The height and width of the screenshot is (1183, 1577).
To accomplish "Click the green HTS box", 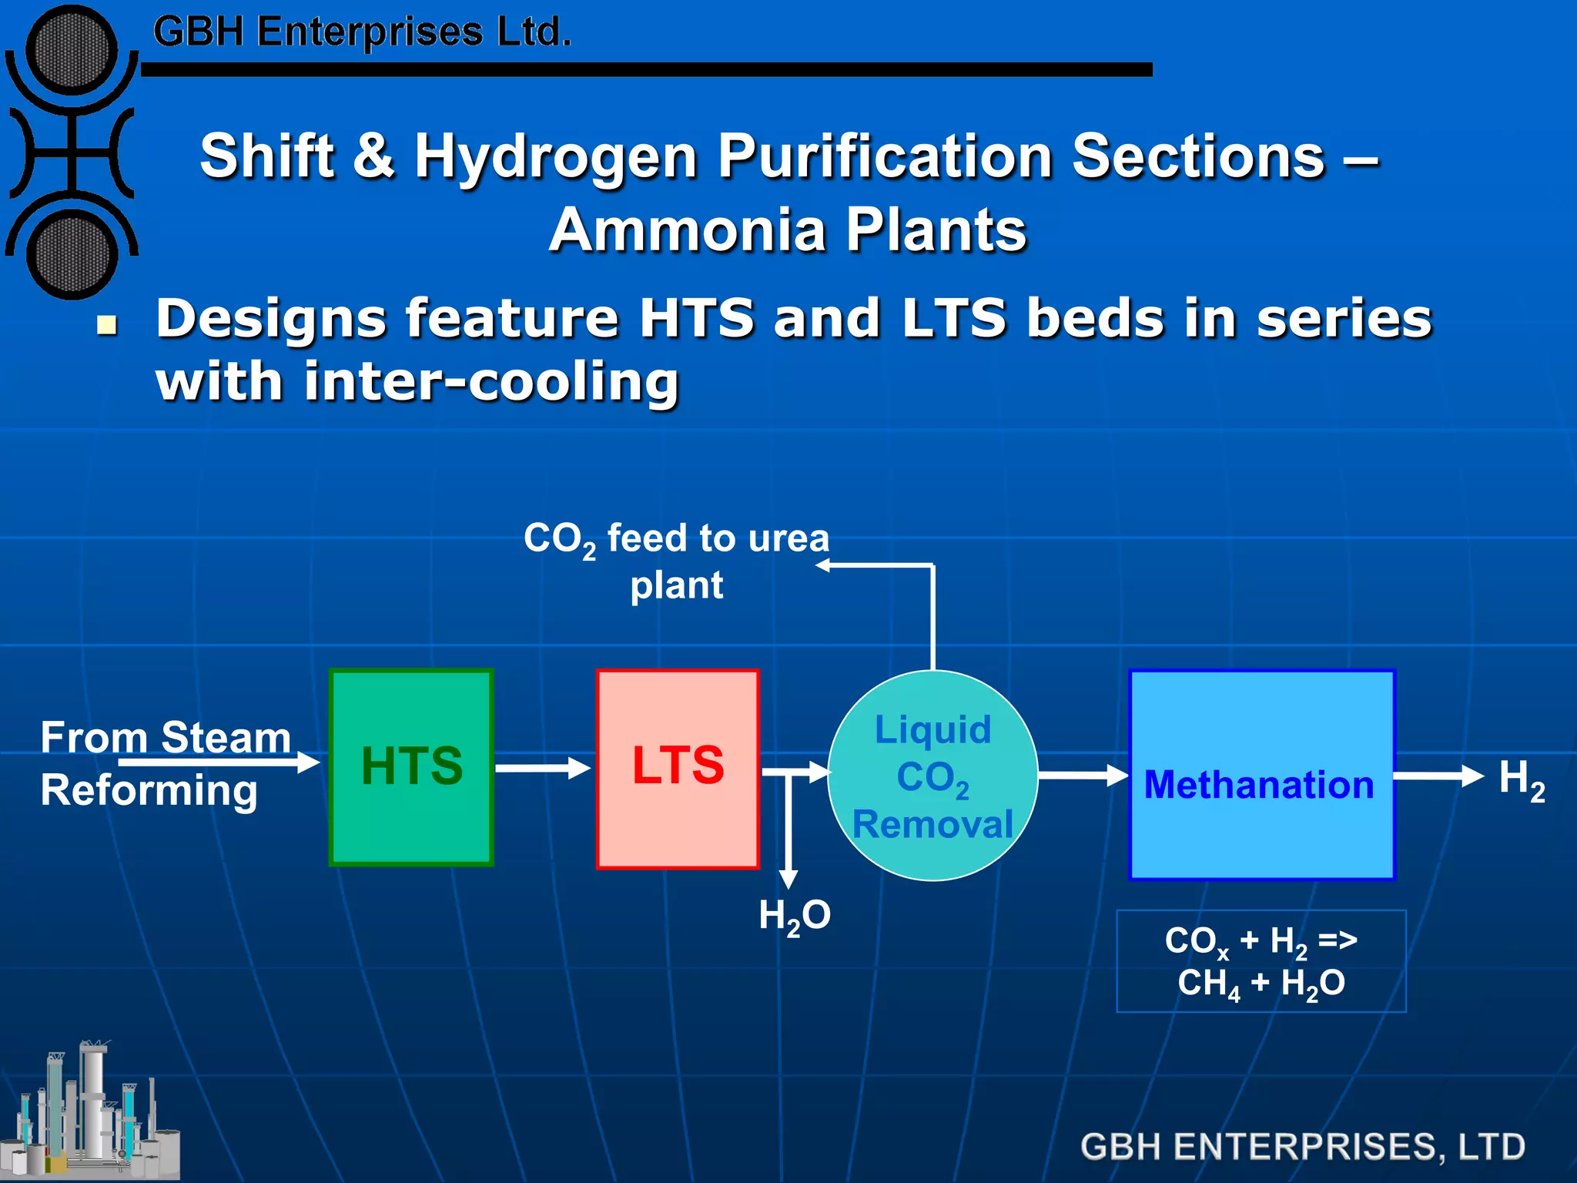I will coord(411,767).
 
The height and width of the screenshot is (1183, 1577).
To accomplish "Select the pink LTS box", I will coord(678,769).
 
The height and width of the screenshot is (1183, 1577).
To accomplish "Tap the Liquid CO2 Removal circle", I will coord(932,776).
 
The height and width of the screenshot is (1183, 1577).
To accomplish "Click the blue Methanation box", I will coord(1261,775).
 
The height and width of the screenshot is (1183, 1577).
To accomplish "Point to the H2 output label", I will coord(1521,779).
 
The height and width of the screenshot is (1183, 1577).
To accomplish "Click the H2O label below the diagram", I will coord(794,917).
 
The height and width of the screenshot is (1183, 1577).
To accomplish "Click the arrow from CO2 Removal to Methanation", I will coord(1083,776).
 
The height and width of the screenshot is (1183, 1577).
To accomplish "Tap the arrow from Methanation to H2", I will coord(1438,776).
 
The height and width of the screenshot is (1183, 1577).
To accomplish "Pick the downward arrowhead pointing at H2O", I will coord(788,879).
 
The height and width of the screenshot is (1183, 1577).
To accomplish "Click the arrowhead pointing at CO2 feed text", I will coord(823,565).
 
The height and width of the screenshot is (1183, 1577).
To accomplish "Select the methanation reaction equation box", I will coord(1261,961).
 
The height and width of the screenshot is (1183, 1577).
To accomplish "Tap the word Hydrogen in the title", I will coord(556,156).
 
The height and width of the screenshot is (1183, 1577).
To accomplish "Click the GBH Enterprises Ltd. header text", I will coord(362,32).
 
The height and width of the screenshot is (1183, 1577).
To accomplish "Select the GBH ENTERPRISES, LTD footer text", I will coord(1302,1146).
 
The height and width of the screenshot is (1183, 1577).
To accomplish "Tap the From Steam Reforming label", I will coord(165,762).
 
